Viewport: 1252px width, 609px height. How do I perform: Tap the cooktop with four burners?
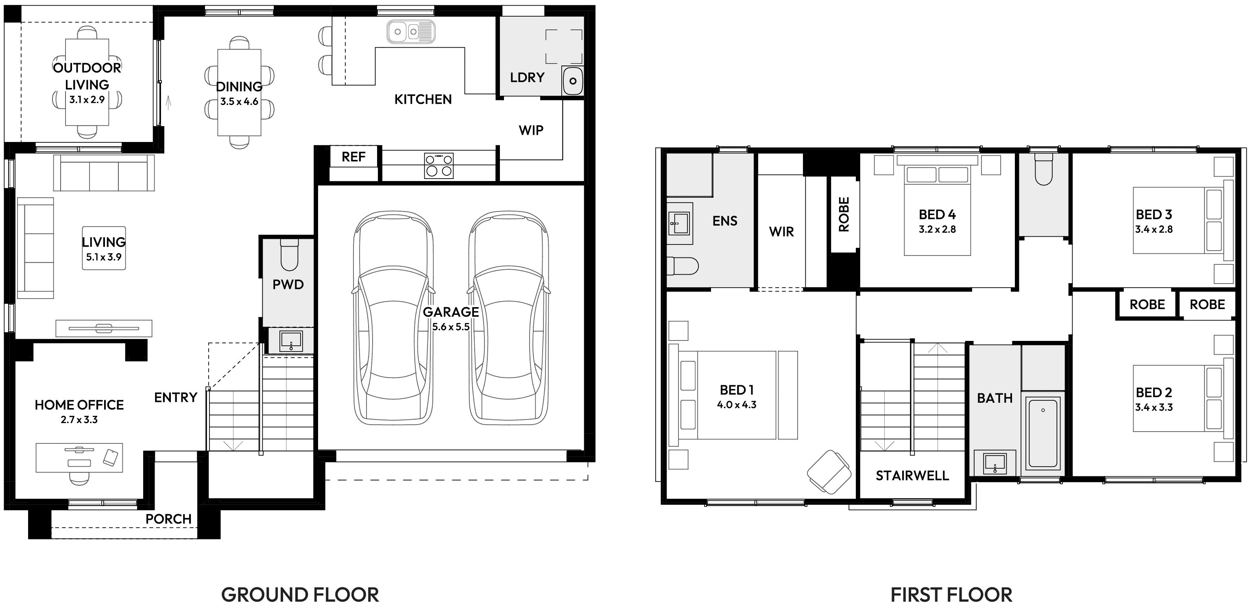(x=439, y=165)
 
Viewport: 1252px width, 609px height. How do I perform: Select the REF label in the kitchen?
(x=353, y=157)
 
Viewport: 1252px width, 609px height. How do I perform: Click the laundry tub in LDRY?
(x=573, y=81)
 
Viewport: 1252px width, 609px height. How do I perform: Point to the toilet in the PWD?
(x=289, y=257)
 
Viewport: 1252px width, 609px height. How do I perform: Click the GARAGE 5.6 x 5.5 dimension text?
(x=451, y=327)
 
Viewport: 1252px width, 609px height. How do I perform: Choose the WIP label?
(x=531, y=130)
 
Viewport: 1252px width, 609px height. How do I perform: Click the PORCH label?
(x=168, y=519)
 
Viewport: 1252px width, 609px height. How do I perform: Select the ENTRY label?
(x=175, y=397)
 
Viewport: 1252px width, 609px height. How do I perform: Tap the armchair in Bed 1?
(x=829, y=471)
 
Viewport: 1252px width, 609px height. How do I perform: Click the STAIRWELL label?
(x=912, y=476)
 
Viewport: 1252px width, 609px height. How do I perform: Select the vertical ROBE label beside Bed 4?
(x=844, y=214)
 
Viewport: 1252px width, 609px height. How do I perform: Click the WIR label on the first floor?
(x=781, y=232)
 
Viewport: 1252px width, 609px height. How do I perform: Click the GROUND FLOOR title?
(x=300, y=594)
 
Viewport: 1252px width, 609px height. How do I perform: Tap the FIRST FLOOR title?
(x=951, y=594)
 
